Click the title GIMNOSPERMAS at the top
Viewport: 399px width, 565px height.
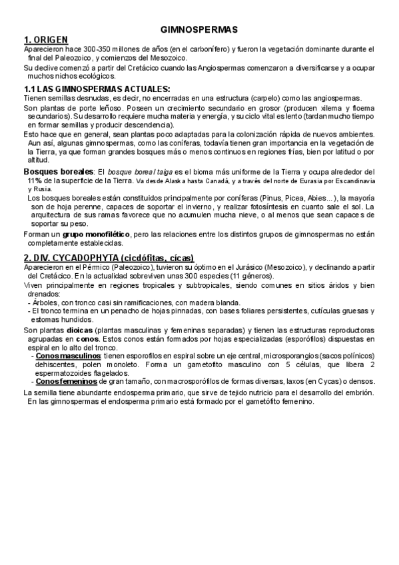pos(199,30)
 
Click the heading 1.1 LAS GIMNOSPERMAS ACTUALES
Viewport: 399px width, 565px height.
pos(97,89)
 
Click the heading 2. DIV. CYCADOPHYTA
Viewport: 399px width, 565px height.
pos(109,258)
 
